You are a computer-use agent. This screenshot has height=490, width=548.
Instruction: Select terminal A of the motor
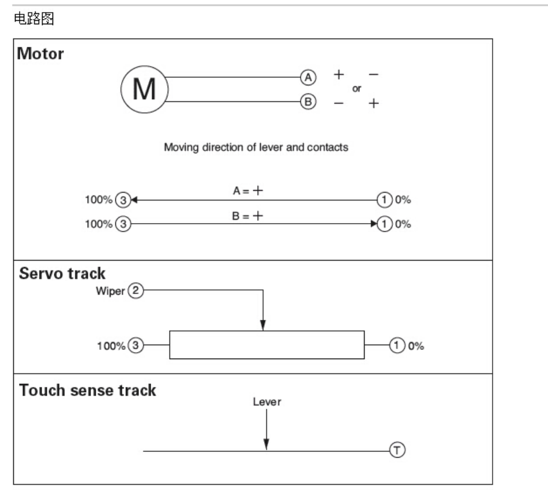click(308, 77)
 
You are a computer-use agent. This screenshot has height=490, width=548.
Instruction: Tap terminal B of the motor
click(308, 101)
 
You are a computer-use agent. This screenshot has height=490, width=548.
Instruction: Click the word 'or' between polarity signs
click(356, 89)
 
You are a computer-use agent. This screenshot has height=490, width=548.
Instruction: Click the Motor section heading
click(40, 54)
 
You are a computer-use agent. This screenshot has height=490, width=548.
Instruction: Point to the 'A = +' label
click(248, 191)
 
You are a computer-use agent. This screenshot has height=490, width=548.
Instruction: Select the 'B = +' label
click(247, 216)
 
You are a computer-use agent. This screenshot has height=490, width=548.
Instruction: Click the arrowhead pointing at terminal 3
click(134, 200)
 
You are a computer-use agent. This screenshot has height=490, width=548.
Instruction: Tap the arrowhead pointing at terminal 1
click(374, 224)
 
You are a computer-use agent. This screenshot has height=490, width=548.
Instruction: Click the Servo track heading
click(62, 273)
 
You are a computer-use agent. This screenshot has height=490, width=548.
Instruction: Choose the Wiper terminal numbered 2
click(136, 290)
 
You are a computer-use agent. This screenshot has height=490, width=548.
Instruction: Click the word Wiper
click(110, 291)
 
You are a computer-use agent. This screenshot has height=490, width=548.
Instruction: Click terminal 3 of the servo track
click(136, 345)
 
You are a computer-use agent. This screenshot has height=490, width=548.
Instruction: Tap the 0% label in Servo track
click(416, 346)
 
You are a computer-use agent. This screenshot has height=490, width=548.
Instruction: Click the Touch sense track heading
click(87, 390)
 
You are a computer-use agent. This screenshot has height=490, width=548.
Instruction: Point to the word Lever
click(267, 402)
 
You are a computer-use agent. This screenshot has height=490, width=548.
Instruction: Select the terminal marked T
click(397, 450)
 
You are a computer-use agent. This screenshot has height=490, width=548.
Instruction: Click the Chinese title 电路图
click(34, 18)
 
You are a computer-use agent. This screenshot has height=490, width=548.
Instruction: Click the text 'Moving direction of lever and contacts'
click(256, 148)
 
